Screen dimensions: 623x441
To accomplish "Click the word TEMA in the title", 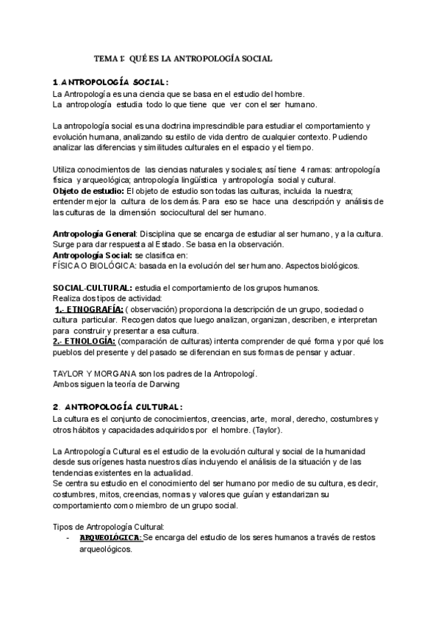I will [108, 57].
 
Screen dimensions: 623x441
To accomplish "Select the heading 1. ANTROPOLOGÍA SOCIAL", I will [111, 82].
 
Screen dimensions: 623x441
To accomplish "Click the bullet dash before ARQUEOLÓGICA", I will [68, 539].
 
